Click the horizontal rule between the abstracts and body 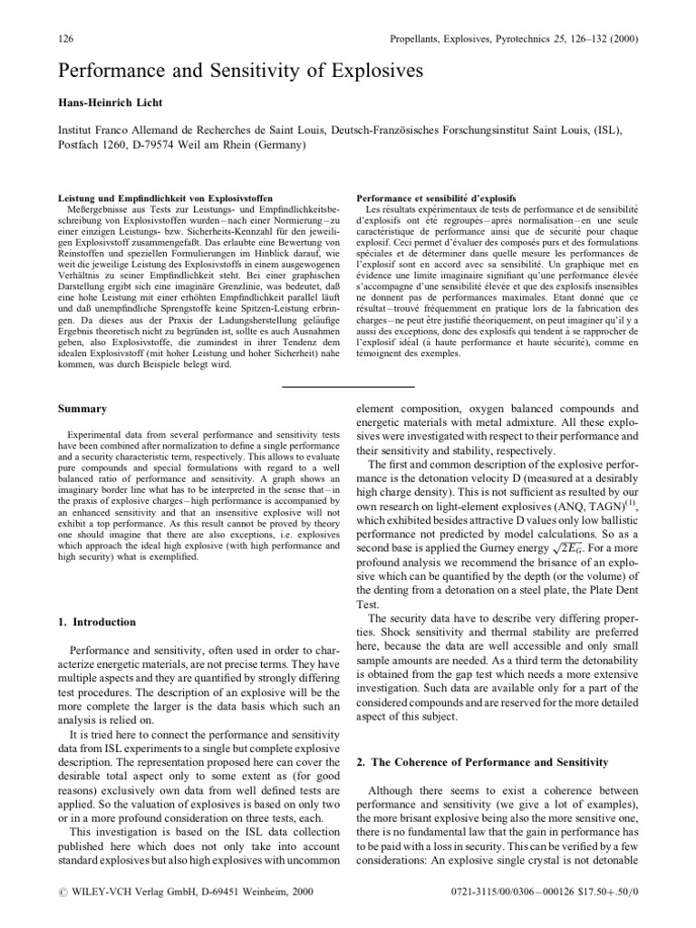[x=348, y=386]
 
